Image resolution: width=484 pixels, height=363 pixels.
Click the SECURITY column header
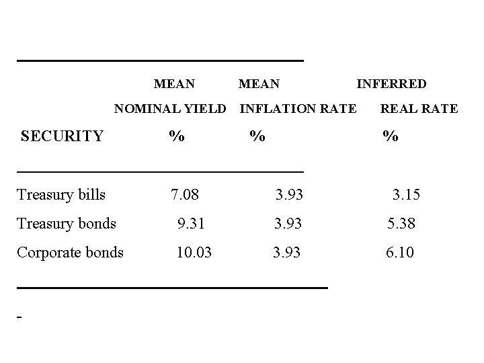(62, 136)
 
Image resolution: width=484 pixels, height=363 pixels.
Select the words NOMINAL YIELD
(170, 108)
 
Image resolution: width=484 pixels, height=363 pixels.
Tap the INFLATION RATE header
(298, 108)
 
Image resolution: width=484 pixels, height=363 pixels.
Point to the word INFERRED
(391, 84)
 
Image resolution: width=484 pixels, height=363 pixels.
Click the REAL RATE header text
(419, 108)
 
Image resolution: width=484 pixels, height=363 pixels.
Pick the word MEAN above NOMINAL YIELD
(174, 84)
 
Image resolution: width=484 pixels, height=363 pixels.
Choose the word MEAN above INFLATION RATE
(259, 84)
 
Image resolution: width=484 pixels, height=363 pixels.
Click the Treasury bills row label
(61, 195)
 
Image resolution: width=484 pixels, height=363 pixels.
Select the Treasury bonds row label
(67, 223)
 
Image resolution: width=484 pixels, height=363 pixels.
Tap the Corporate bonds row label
(70, 253)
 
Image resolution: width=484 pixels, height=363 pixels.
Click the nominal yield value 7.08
(185, 195)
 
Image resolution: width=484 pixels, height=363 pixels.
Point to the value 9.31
(192, 223)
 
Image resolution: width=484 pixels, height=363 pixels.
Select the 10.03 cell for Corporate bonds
(194, 253)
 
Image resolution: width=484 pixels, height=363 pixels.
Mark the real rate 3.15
(407, 195)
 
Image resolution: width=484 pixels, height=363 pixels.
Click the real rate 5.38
(401, 223)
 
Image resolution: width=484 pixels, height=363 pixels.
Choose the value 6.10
(399, 253)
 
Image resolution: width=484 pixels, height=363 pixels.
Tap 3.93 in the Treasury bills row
(289, 195)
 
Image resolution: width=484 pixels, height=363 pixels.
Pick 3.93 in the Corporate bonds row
(287, 253)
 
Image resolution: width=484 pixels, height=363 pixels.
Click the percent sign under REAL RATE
(390, 136)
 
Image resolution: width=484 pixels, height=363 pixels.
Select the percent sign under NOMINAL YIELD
(176, 136)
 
